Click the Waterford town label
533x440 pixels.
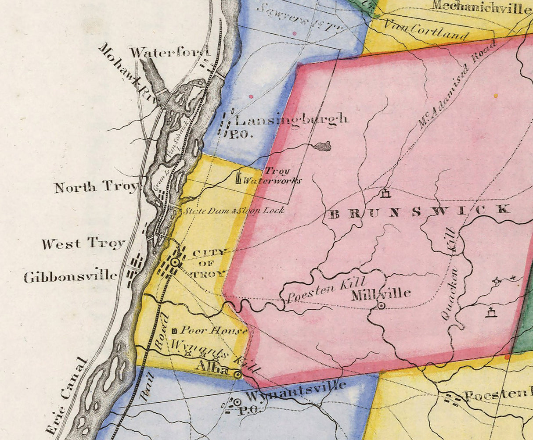pyautogui.click(x=169, y=53)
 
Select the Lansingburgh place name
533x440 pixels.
pyautogui.click(x=292, y=120)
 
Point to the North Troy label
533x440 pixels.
pyautogui.click(x=96, y=187)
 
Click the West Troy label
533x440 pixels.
pyautogui.click(x=83, y=243)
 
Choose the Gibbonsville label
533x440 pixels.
pyautogui.click(x=71, y=277)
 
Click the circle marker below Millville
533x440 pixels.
pyautogui.click(x=382, y=306)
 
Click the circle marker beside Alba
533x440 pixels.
pyautogui.click(x=238, y=375)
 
